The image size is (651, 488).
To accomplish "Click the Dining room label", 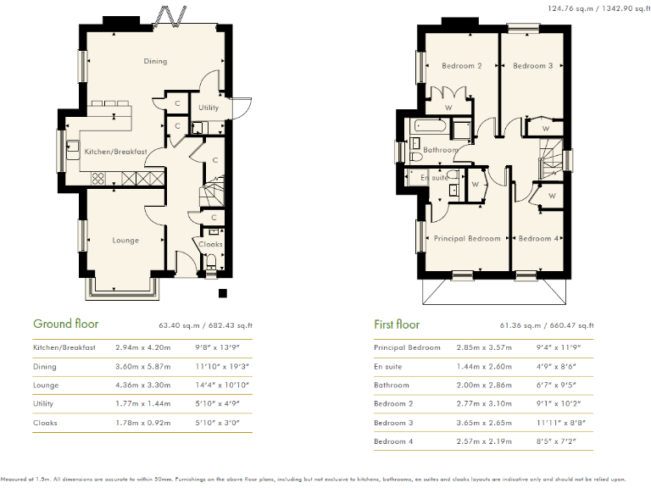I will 155,61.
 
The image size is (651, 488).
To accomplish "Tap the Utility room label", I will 209,108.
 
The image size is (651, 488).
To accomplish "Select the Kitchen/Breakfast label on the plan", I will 116,152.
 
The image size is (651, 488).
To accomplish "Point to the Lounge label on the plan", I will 125,240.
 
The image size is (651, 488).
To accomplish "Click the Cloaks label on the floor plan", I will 210,244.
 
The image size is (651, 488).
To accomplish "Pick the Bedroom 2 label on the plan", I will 462,65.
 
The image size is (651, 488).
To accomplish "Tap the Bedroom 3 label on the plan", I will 532,65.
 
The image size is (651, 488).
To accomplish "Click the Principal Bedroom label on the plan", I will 467,238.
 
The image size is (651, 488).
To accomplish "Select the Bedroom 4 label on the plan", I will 539,238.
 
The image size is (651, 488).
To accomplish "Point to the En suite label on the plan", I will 434,178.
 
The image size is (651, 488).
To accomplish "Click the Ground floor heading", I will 65,324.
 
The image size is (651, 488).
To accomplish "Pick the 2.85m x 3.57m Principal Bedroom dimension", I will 481,347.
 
